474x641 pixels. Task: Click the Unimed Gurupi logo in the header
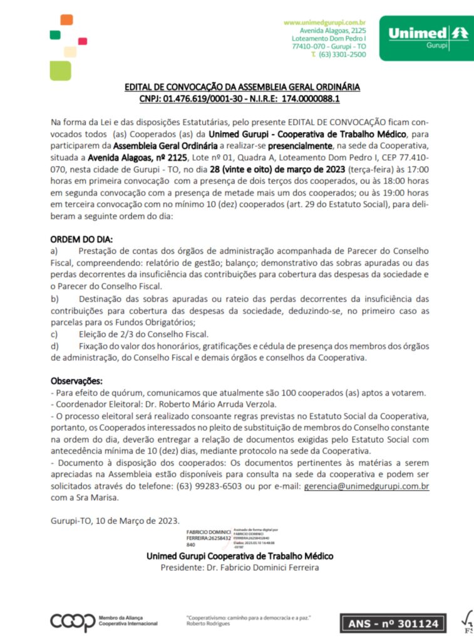tap(428, 37)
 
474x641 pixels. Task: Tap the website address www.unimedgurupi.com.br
tap(324, 23)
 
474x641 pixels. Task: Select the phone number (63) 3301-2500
tap(343, 55)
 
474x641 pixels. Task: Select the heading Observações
tap(76, 381)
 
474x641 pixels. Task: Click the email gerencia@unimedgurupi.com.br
tap(366, 486)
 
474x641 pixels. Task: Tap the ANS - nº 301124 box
tap(393, 623)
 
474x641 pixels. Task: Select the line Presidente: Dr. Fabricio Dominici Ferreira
tap(240, 568)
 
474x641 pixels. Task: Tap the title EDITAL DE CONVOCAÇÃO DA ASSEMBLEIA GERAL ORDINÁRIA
tap(242, 87)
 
